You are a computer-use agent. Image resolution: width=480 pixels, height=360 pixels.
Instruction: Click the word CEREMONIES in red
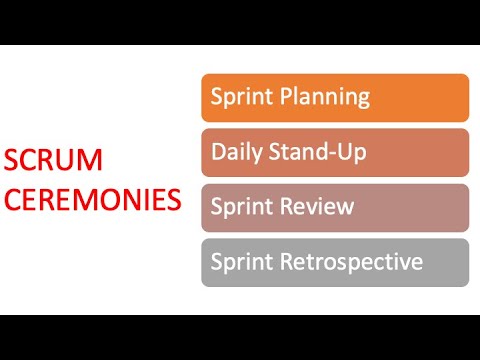click(92, 198)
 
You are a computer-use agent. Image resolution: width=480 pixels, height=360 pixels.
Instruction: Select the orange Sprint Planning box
click(335, 98)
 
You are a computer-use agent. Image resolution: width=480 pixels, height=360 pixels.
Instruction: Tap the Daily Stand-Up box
click(335, 153)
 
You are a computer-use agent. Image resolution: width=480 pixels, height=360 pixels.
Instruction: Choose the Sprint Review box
click(335, 208)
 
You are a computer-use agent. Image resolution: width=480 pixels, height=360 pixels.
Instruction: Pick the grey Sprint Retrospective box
click(335, 263)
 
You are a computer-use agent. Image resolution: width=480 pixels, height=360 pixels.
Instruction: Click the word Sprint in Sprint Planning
click(239, 98)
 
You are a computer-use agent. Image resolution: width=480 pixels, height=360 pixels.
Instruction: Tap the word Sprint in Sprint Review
click(239, 208)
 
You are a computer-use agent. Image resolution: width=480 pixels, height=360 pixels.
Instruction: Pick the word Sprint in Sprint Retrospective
click(239, 263)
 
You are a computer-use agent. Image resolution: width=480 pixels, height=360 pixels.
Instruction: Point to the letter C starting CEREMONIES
click(12, 198)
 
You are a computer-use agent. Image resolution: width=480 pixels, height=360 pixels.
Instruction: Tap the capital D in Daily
click(218, 152)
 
